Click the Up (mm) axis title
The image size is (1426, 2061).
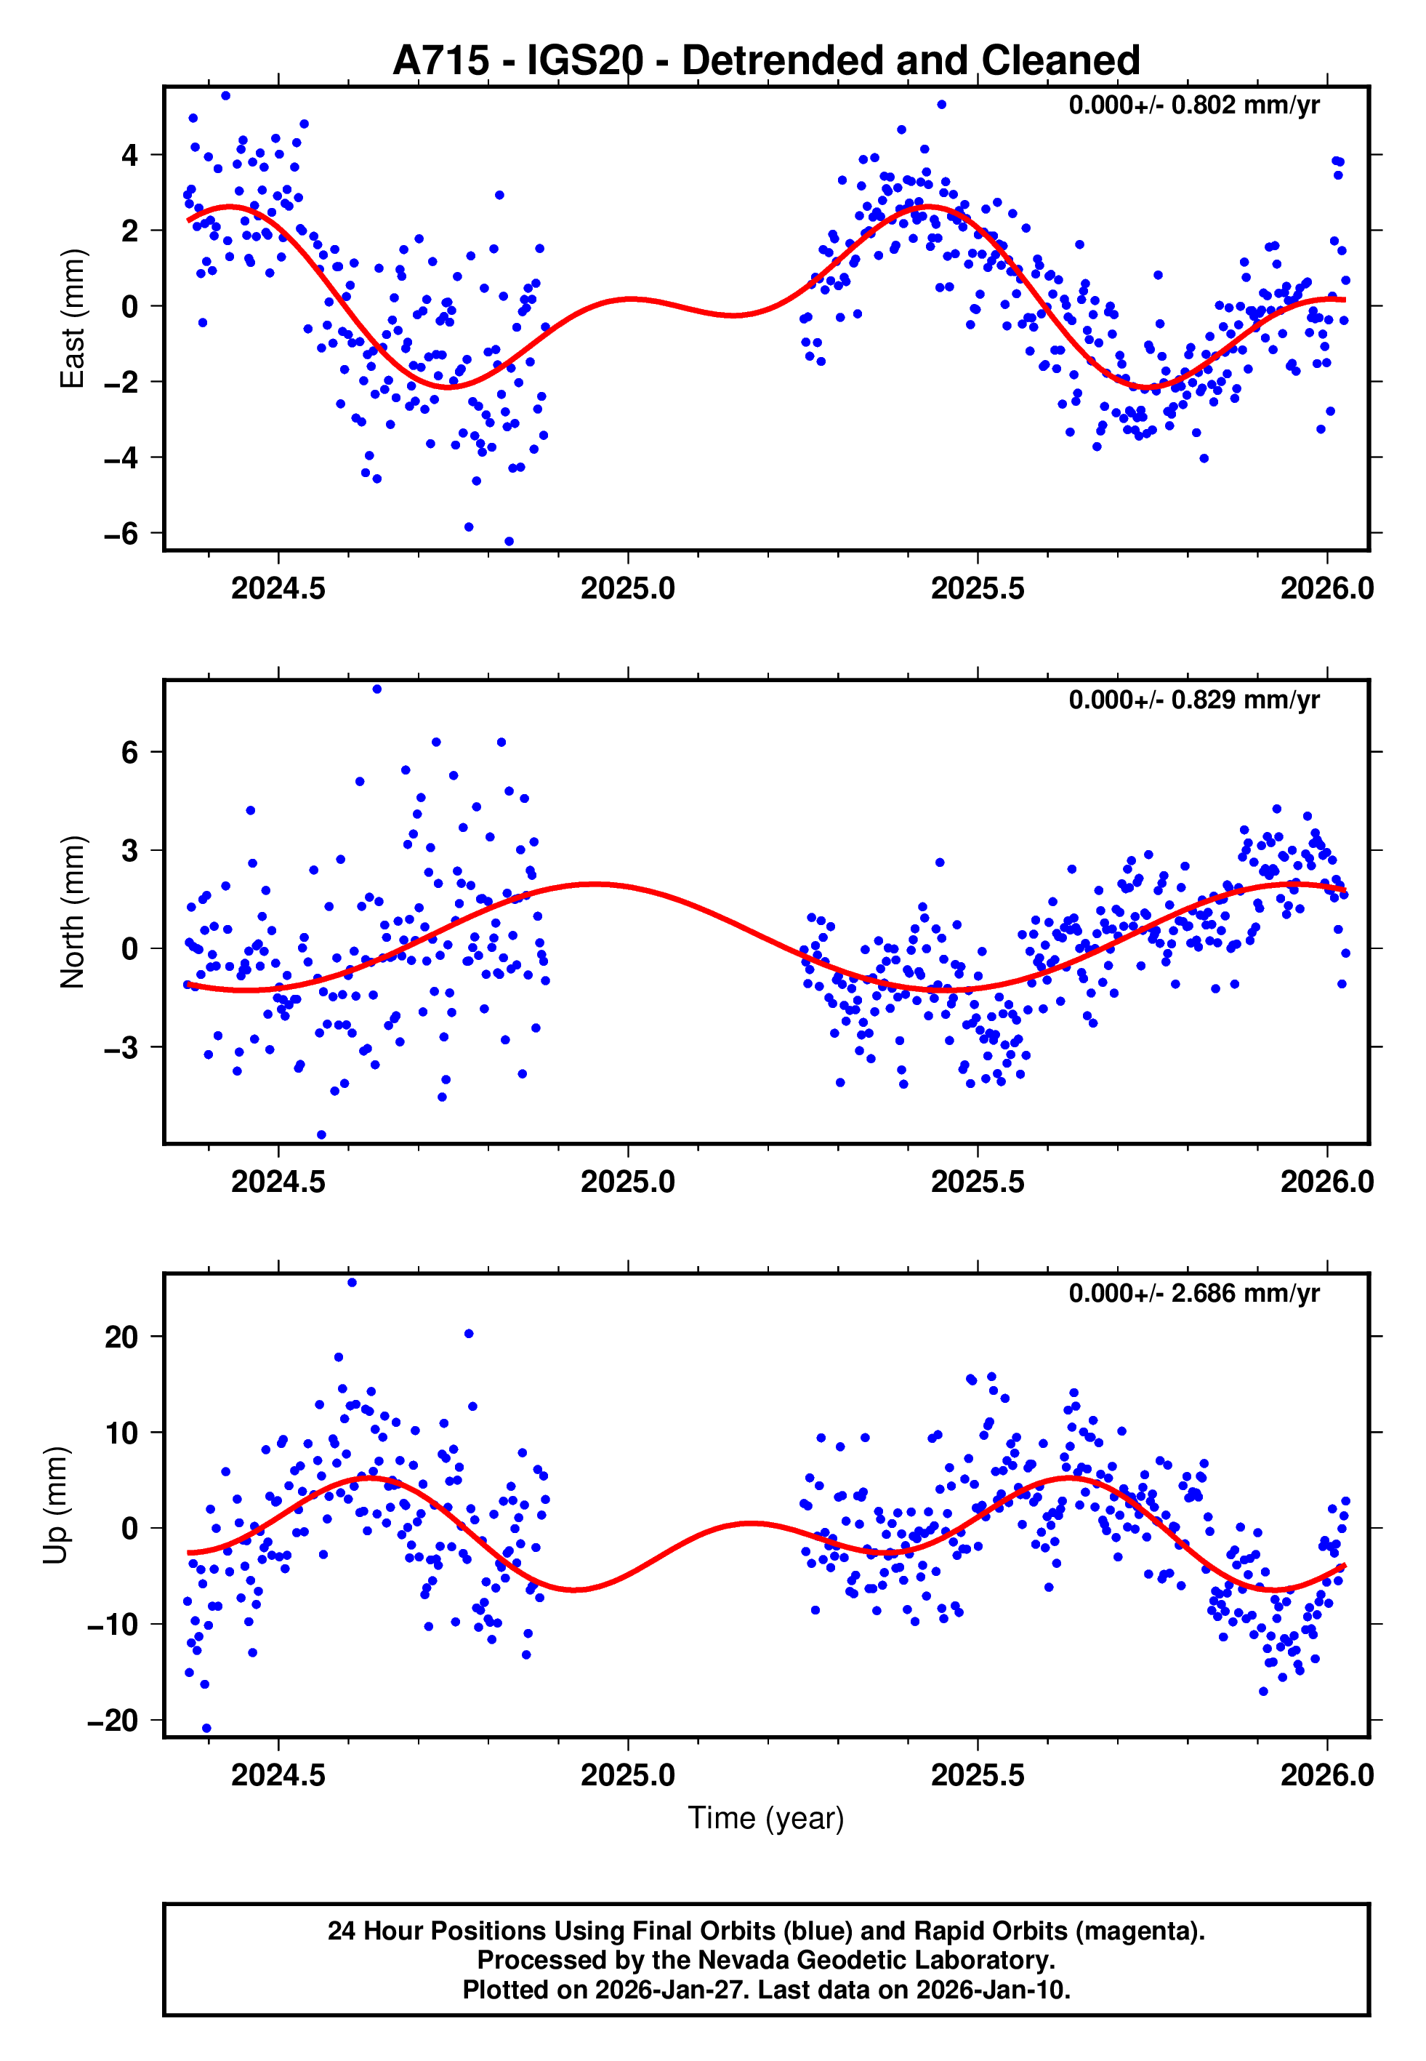pos(55,1505)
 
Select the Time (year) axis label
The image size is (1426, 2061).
pos(766,1818)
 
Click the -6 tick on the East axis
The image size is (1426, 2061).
pos(121,534)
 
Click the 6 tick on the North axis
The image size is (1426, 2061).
pos(130,753)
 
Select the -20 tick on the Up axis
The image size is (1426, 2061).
pos(113,1721)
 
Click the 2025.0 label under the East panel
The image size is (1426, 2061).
pos(628,589)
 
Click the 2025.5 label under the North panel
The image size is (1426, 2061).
pos(978,1182)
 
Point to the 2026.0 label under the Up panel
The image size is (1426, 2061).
pos(1327,1775)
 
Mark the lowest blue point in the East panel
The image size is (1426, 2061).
pos(509,542)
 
